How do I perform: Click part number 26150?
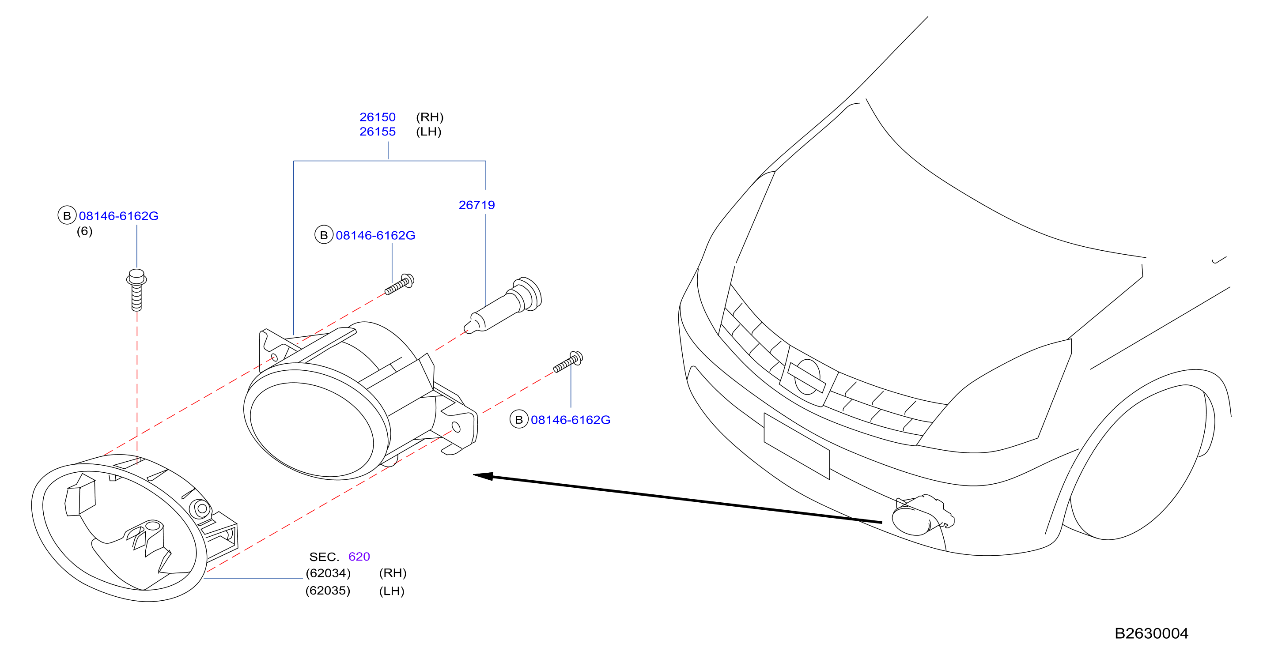[377, 117]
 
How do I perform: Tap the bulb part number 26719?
[476, 205]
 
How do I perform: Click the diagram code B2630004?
[1151, 633]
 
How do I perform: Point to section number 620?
[359, 557]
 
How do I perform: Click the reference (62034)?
[328, 573]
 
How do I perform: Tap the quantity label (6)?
[84, 231]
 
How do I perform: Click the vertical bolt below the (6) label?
[136, 290]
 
